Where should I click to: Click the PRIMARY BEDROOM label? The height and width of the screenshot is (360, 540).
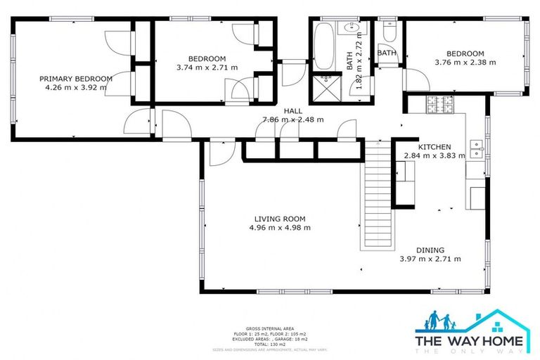point(75,79)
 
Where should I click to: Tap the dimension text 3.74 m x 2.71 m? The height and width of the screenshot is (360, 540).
point(207,67)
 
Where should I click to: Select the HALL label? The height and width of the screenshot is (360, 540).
point(293,111)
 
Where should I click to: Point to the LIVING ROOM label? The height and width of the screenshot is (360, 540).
point(280,219)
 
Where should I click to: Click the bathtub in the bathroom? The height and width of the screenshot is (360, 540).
point(324,46)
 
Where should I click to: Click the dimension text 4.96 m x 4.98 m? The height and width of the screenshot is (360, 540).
point(280,228)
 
